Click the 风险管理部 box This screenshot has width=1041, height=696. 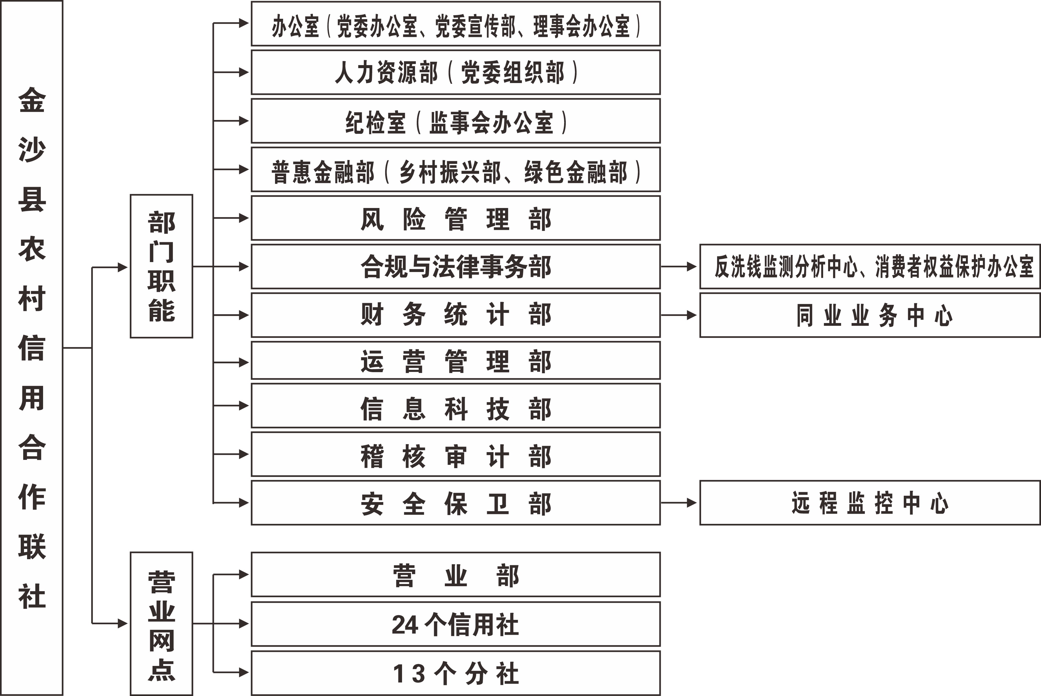pyautogui.click(x=455, y=218)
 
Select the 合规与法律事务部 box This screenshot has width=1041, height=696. pyautogui.click(x=455, y=266)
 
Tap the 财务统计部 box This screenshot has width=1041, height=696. pyautogui.click(x=455, y=315)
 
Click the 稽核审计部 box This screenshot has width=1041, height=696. pyautogui.click(x=455, y=454)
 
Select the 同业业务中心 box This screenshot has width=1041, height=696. pyautogui.click(x=870, y=315)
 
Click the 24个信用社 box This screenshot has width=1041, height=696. pyautogui.click(x=455, y=624)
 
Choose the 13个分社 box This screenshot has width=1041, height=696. pyautogui.click(x=455, y=673)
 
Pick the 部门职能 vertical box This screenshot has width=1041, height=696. pyautogui.click(x=161, y=266)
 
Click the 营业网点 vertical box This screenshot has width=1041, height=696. pyautogui.click(x=161, y=624)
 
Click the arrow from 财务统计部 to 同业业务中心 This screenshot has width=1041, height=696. pyautogui.click(x=678, y=315)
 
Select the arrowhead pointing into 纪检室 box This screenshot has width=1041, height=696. pyautogui.click(x=244, y=121)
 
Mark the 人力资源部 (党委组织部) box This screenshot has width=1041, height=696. pyautogui.click(x=455, y=72)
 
